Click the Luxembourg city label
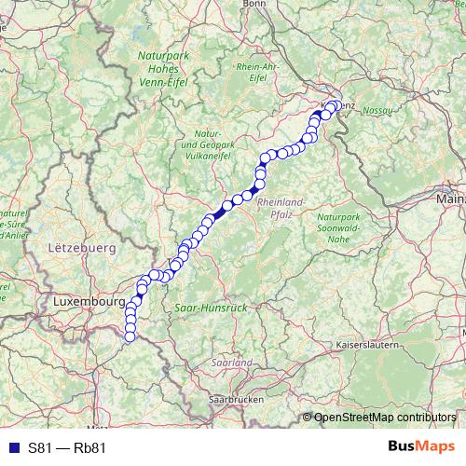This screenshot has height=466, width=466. click(x=89, y=303)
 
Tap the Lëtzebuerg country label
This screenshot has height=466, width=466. click(x=79, y=249)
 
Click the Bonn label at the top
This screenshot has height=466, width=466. click(x=254, y=5)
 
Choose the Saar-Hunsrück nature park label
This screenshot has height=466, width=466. click(x=210, y=306)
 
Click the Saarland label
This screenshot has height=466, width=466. click(x=232, y=362)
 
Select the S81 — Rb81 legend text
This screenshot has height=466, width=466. click(x=67, y=447)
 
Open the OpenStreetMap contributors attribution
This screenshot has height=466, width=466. click(x=384, y=417)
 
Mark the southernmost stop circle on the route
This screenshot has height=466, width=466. click(x=130, y=336)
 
